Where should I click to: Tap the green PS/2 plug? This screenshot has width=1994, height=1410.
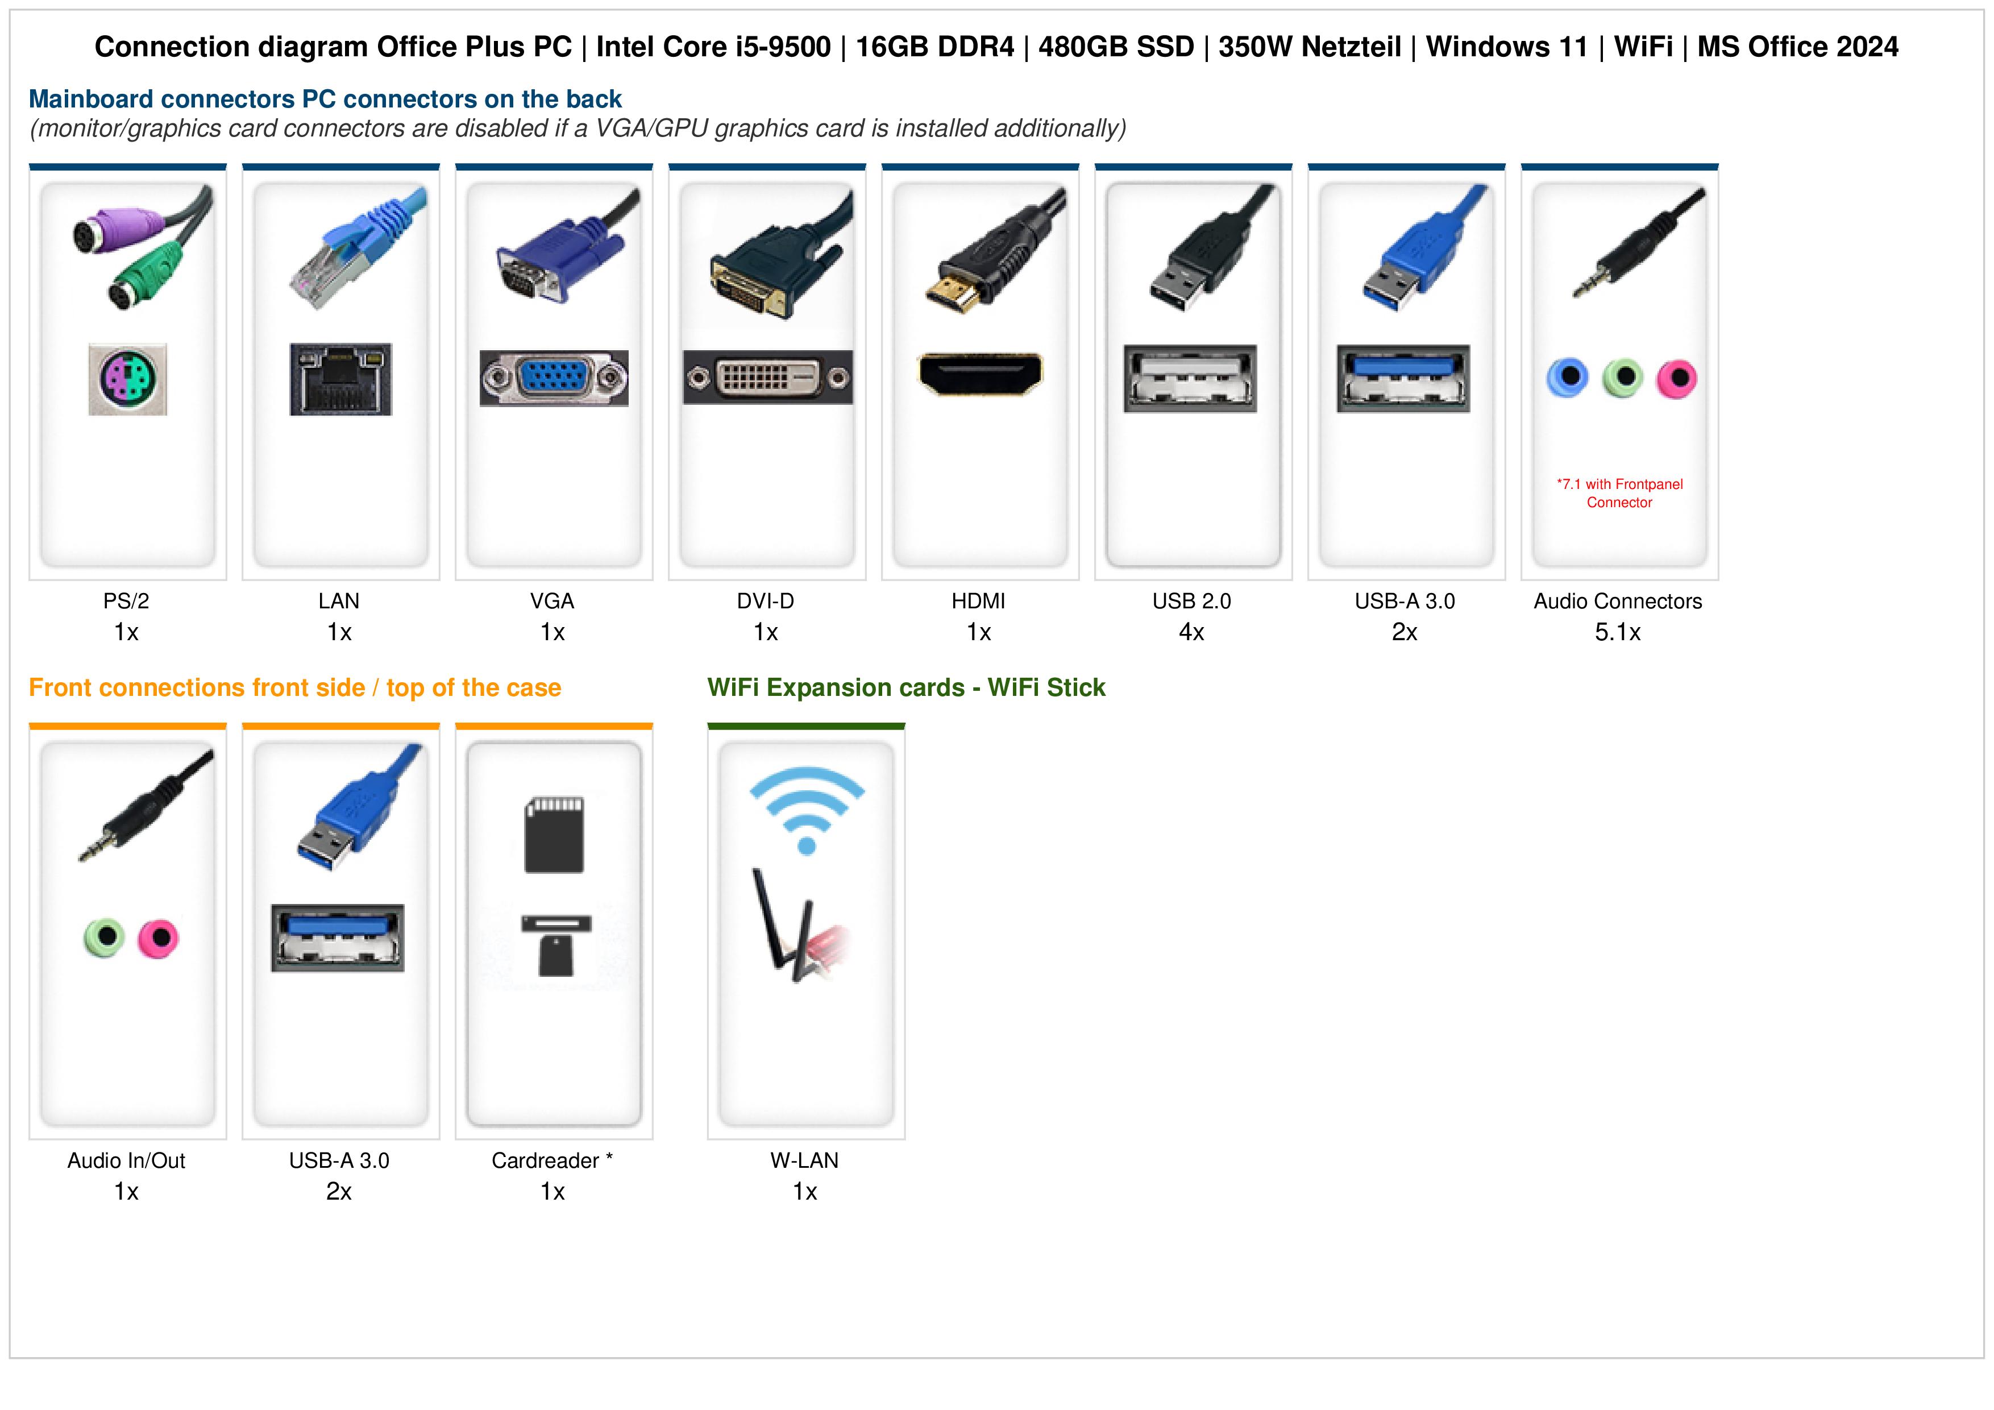click(x=143, y=277)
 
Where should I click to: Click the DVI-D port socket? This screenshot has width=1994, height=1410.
click(x=768, y=377)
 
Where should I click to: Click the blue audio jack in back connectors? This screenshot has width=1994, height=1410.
click(x=1568, y=378)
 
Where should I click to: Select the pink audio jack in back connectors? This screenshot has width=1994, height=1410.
click(x=1676, y=379)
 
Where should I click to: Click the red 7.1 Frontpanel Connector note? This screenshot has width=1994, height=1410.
click(x=1619, y=494)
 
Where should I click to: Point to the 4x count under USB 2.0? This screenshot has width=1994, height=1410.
click(x=1191, y=632)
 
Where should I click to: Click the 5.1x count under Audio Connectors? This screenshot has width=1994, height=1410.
click(x=1618, y=632)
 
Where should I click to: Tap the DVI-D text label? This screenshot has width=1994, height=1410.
click(x=765, y=601)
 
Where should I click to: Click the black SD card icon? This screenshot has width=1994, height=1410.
click(x=554, y=834)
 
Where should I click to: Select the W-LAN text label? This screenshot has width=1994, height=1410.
click(x=804, y=1160)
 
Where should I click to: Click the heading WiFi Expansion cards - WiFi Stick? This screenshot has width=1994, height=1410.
click(x=907, y=688)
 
